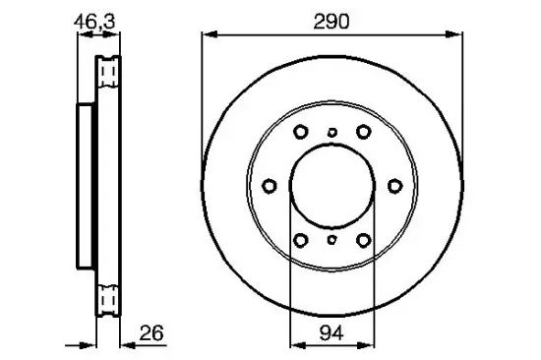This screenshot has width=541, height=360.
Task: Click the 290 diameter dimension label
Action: pos(331,22)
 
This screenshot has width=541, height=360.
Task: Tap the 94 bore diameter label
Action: pos(331,333)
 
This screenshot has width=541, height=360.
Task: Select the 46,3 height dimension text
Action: pos(94,23)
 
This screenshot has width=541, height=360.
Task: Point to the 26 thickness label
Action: pos(151,333)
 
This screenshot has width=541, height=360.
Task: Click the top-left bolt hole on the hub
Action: pos(301,132)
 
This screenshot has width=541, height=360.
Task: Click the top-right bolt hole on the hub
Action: pos(364,132)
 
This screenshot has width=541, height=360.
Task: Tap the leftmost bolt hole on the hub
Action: pos(270,186)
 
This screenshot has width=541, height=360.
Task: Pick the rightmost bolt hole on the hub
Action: pos(395,186)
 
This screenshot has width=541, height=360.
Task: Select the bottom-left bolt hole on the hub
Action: pos(301,240)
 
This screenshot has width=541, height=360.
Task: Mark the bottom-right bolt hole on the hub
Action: pos(364,240)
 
